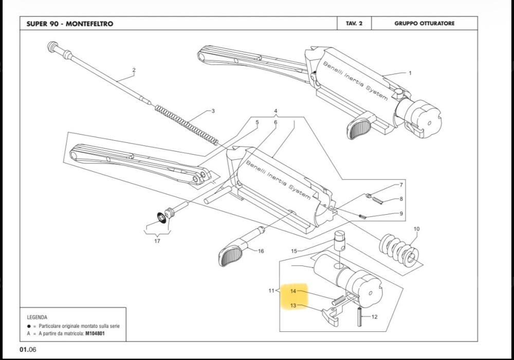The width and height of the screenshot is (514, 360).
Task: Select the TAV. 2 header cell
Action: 354,24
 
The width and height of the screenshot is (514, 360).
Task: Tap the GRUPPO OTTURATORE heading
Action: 424,24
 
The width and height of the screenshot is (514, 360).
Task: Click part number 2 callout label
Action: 134,70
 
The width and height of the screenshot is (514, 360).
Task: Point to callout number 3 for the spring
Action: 212,111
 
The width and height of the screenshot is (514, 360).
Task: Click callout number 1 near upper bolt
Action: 410,73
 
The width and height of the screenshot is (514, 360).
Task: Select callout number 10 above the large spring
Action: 416,229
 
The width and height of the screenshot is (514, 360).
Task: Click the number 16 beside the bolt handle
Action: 261,251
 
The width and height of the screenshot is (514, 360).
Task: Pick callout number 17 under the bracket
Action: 157,241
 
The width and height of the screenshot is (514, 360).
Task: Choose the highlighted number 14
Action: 293,291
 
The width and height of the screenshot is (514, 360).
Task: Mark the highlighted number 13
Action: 293,306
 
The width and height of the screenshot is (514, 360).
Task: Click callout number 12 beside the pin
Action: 374,317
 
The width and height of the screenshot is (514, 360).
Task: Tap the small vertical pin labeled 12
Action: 360,316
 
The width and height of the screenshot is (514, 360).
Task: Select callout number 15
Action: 294,251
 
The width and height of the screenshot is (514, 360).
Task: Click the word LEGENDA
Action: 37,317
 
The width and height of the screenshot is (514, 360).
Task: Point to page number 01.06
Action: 28,350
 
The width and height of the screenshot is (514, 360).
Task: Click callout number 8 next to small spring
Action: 401,199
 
